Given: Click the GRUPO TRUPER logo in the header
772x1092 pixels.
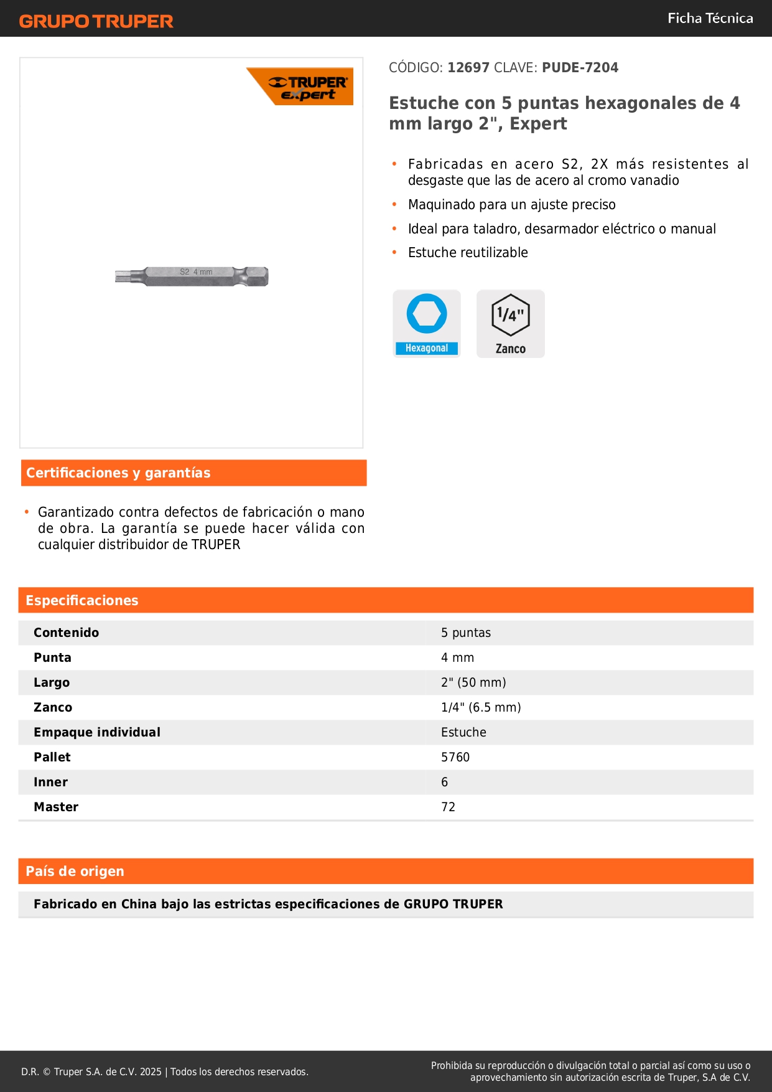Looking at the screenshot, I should coord(96,21).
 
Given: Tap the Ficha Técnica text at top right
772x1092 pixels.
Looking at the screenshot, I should coord(710,18).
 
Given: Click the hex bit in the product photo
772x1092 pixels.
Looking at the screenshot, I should coord(192,276).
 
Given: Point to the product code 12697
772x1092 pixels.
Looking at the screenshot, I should coord(468,67).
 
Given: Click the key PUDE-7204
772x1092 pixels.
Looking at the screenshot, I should coord(580,67).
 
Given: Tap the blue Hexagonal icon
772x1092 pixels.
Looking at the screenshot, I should coord(427,323).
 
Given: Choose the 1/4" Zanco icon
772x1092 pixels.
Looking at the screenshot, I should coord(511,323).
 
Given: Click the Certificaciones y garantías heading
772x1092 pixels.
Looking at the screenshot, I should coord(118,473).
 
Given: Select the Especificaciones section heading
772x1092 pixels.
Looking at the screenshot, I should coord(82,600).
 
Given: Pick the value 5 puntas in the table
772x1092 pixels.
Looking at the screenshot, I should coord(466,633).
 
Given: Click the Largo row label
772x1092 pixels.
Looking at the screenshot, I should coord(52,682).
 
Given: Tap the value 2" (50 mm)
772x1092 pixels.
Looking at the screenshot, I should coord(473,682).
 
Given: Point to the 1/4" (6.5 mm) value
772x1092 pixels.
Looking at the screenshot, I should coord(481,707).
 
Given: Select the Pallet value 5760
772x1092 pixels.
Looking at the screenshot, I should coord(455,757).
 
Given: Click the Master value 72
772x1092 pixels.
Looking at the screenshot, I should coord(448,807).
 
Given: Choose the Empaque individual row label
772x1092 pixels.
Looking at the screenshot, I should coord(97,732).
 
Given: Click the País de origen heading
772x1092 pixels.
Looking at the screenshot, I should coord(75,871).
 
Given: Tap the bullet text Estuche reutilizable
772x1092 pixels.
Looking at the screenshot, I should coord(468,252).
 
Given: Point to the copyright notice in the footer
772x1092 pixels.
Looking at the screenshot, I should coord(165,1071).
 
